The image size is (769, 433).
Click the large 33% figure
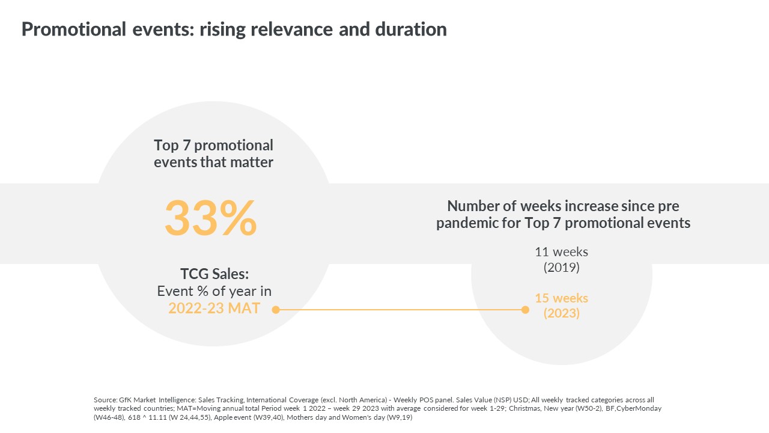coord(211,218)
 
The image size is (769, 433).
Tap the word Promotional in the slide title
coord(74,29)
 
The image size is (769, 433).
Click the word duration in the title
coord(411,29)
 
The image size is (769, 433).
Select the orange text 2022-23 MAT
coord(214,309)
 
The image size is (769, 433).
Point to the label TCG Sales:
coord(214,274)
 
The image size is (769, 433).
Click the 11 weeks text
coord(561,252)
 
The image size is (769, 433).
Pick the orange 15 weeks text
coord(561,298)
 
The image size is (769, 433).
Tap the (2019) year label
coord(561,268)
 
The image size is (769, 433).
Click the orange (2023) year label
coord(561,313)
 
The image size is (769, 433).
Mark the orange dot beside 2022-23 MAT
coord(275,310)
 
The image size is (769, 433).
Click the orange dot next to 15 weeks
coord(525,310)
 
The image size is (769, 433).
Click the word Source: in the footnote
coord(105,400)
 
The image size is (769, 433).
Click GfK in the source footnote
coord(125,400)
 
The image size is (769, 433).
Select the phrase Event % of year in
coord(214,292)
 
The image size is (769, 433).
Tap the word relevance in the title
coord(291,29)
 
